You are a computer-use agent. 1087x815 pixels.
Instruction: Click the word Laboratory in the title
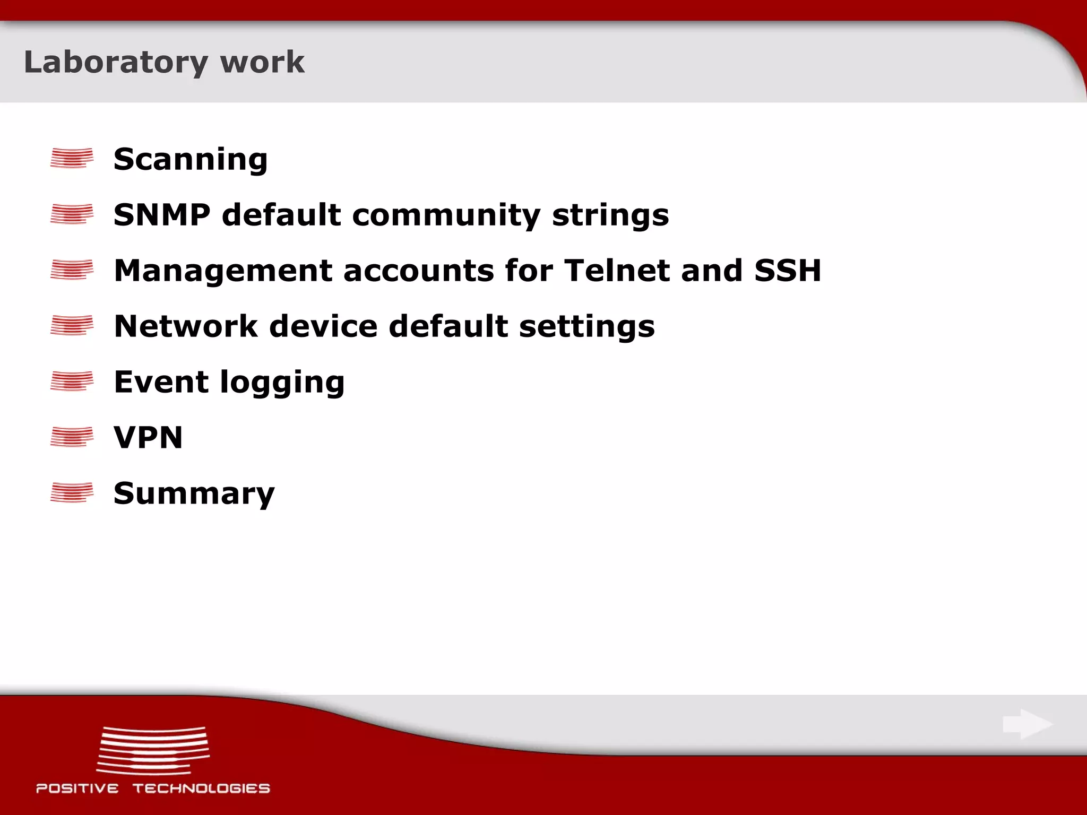(x=116, y=63)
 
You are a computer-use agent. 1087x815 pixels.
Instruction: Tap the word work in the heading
(x=262, y=63)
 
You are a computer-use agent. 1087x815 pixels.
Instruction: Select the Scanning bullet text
(x=191, y=159)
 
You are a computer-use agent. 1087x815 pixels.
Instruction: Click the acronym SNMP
(x=162, y=215)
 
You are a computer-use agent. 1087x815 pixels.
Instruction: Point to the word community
(x=446, y=215)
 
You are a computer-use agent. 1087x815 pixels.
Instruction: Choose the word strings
(x=610, y=215)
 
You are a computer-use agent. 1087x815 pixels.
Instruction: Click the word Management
(x=223, y=271)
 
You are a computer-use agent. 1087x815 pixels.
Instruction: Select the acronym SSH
(x=787, y=271)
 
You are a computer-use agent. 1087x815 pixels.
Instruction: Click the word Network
(x=186, y=326)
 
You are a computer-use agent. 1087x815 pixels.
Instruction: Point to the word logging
(x=282, y=383)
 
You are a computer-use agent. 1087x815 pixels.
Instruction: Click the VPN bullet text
(x=148, y=438)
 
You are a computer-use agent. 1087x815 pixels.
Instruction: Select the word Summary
(x=194, y=494)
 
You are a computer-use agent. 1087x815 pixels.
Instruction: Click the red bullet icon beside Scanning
(x=72, y=158)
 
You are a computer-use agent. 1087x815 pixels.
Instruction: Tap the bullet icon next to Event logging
(x=72, y=381)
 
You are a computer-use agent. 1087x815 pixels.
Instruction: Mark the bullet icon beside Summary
(x=72, y=492)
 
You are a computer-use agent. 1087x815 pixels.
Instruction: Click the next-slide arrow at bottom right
(x=1028, y=724)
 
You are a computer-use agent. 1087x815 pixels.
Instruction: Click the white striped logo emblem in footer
(x=153, y=750)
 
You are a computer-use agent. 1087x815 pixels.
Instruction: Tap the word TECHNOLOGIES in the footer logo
(x=201, y=788)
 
